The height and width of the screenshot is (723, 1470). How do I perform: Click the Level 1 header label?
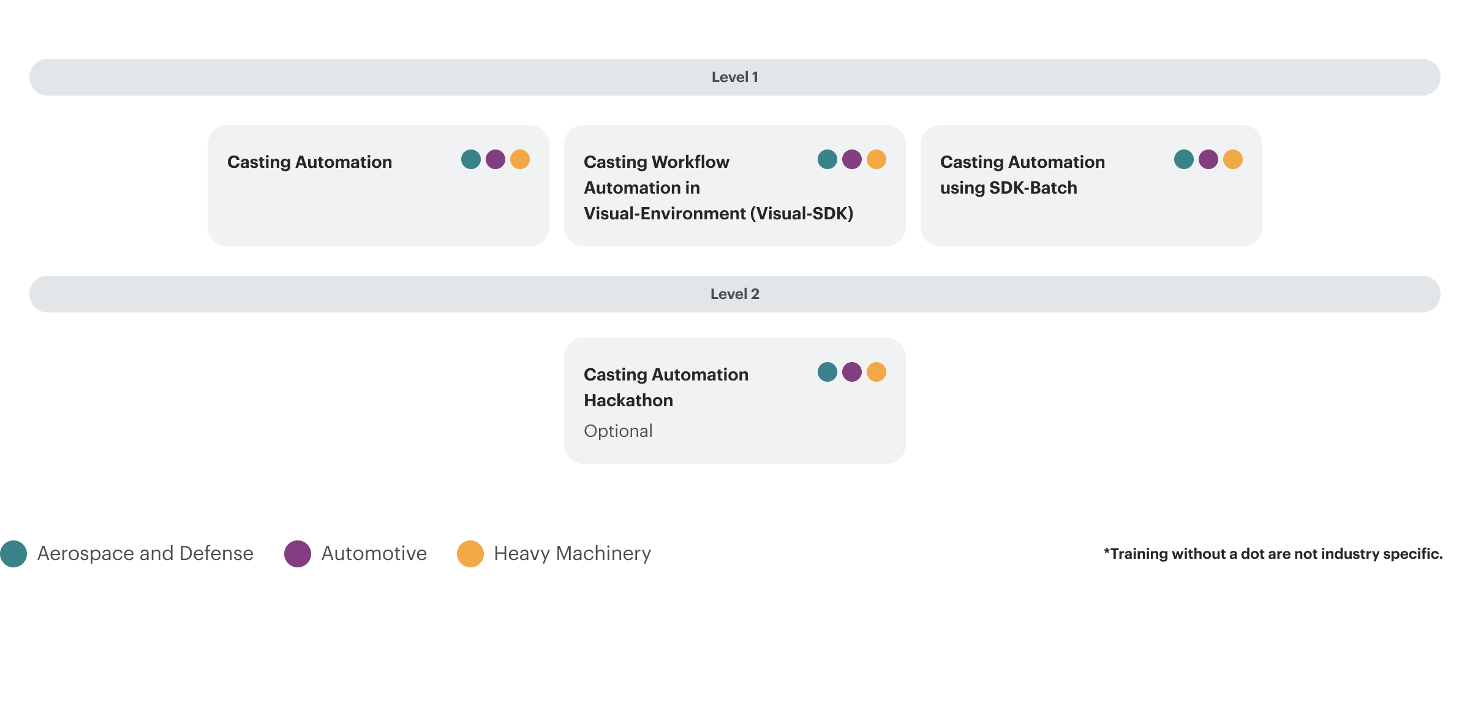point(734,77)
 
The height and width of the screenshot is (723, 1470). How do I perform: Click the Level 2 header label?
point(734,294)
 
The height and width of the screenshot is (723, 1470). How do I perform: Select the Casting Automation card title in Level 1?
point(309,162)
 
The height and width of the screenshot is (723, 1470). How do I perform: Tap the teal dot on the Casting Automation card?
point(470,159)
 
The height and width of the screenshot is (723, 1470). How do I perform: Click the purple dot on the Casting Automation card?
point(495,159)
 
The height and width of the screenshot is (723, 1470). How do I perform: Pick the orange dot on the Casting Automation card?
point(519,159)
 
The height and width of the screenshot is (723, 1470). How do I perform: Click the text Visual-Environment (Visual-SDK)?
point(718,213)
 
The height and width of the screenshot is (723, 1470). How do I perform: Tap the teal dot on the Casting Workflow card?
point(827,159)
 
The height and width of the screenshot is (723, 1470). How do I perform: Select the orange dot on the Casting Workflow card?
point(876,159)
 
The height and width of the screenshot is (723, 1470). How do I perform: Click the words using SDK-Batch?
point(1008,187)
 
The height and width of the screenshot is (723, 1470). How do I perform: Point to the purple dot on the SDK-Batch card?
point(1208,159)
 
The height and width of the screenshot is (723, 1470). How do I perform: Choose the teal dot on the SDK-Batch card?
point(1183,159)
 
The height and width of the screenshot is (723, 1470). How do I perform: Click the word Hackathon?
point(628,400)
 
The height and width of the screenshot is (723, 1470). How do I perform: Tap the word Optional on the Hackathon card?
point(618,431)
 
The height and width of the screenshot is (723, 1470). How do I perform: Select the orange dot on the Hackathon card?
point(876,372)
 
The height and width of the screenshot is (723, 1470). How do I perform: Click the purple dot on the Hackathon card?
point(851,372)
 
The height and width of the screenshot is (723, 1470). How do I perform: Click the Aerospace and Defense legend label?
point(145,553)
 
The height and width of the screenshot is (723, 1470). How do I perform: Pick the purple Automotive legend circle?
point(298,554)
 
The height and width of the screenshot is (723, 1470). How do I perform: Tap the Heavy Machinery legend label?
point(572,553)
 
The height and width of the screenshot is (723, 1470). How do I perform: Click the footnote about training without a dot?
point(1273,554)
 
